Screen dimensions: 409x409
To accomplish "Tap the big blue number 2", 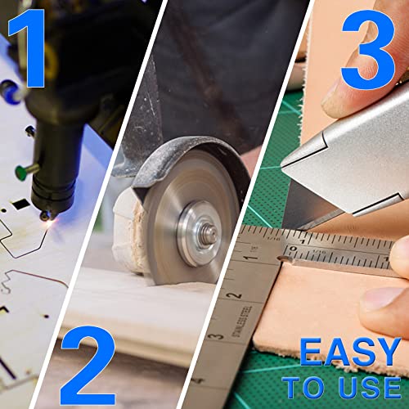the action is click(88, 366).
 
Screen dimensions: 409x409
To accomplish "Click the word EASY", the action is click(350, 352).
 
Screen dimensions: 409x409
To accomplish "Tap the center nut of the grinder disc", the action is click(210, 234).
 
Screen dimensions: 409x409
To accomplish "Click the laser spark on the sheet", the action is click(49, 226).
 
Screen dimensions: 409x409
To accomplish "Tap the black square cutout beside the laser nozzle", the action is click(20, 204).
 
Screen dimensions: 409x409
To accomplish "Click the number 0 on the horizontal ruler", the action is click(294, 249).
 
